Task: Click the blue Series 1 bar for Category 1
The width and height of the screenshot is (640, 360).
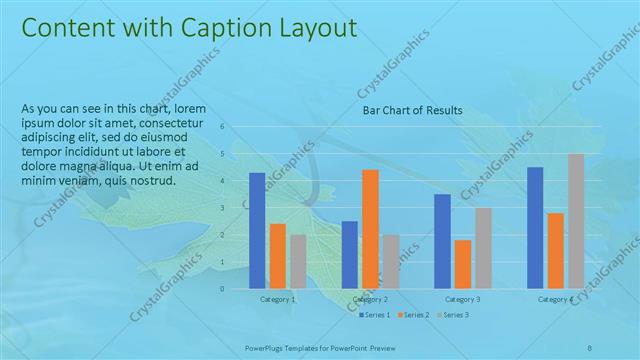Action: coord(257,230)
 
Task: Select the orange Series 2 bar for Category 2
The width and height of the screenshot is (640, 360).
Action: coord(370,229)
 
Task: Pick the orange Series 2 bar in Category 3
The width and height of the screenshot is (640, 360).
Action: coord(462,264)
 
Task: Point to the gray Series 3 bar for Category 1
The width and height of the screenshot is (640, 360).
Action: coord(298,261)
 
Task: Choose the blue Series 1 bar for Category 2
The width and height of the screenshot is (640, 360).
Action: coord(349,254)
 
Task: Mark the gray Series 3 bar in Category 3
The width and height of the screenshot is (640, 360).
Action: coord(483,248)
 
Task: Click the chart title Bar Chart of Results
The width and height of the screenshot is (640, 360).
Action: coord(411,110)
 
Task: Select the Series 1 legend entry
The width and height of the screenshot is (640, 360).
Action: coord(376,315)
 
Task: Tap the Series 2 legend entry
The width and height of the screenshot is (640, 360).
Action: coord(414,315)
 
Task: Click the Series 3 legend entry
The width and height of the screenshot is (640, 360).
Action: coord(452,315)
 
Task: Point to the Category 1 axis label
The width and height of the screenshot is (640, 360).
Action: coord(277,299)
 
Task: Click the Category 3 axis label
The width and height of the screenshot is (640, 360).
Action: coord(462,299)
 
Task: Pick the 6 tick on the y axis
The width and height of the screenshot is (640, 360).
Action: coord(235,127)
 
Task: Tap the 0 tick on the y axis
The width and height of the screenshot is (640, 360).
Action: coord(235,288)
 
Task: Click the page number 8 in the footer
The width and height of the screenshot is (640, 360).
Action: coord(590,346)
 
